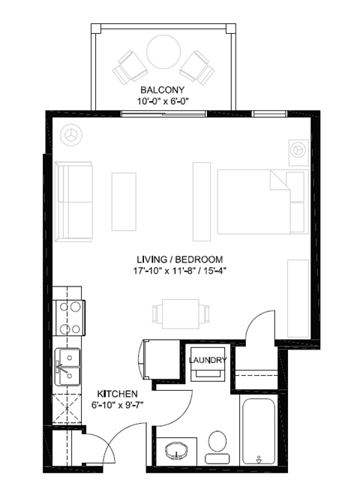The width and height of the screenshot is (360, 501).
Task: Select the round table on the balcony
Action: pos(163,53)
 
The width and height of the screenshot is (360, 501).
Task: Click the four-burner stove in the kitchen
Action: pos(70,317)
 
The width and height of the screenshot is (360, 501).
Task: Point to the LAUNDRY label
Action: pos(208,361)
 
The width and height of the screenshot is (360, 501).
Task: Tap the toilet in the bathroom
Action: pos(217,444)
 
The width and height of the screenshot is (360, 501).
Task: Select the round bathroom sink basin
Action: pos(178,451)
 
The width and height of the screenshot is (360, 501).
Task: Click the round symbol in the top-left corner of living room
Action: pos(73,134)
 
